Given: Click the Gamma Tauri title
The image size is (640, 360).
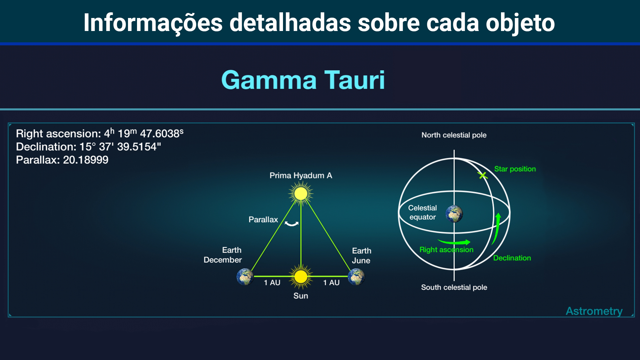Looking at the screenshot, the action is (x=303, y=80).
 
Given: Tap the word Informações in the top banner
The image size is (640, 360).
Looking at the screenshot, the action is (x=153, y=23).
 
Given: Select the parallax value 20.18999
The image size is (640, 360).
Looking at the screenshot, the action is (x=86, y=160).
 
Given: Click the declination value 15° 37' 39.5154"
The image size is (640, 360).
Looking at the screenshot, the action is (x=120, y=147).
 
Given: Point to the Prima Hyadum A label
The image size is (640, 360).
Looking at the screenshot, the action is (x=301, y=175).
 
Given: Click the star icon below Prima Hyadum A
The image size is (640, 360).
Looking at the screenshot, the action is (x=301, y=194).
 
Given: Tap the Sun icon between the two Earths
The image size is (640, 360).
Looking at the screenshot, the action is (x=301, y=276).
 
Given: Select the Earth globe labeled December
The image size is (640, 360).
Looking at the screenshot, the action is (x=245, y=277).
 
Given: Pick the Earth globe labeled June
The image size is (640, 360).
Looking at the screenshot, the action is (x=356, y=277).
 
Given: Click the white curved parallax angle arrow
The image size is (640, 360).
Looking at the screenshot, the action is (x=292, y=224).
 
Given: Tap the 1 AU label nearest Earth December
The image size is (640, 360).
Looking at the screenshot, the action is (x=272, y=283).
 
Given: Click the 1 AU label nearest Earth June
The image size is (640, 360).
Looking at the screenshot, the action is (x=331, y=283).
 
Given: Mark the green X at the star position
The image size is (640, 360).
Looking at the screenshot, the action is (x=482, y=175).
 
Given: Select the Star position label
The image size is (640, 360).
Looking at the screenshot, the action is (x=515, y=169).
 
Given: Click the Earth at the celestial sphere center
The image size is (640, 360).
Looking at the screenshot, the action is (x=454, y=214).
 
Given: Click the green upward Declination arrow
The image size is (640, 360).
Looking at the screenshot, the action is (x=496, y=229).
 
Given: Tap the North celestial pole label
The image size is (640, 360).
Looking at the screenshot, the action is (x=454, y=135).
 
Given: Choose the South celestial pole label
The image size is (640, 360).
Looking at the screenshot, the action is (x=454, y=287).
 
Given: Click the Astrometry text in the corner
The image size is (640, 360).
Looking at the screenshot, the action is (x=594, y=311).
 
